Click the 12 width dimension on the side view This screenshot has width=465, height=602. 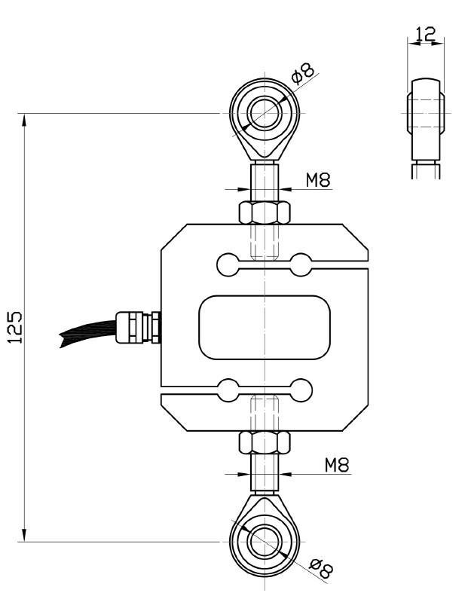point(424,34)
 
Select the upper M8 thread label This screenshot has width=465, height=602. point(318,179)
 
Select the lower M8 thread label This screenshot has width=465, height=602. point(337,464)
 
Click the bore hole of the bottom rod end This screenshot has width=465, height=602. point(265,541)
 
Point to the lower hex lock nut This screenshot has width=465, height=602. point(265,442)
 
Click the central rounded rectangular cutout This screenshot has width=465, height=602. point(265,326)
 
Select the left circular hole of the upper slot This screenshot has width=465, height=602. point(227,264)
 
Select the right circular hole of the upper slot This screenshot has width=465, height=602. point(301,264)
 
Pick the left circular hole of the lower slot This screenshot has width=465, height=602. point(227,390)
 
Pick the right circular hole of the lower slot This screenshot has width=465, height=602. point(301,390)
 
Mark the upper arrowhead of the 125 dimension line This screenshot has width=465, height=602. point(26,121)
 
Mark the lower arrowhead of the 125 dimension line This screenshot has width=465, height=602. point(26,534)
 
